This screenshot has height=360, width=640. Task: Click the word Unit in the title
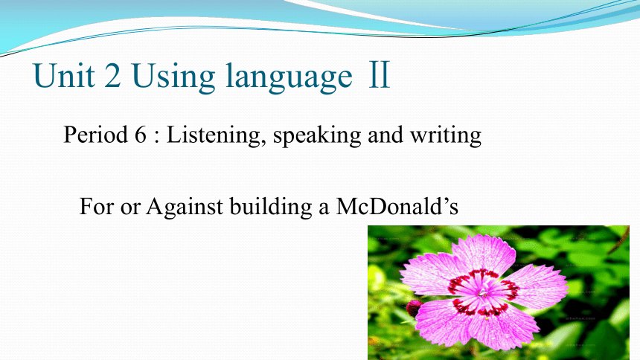tap(64, 76)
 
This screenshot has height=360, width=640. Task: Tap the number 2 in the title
tap(112, 76)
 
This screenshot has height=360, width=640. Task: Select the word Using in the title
tap(173, 78)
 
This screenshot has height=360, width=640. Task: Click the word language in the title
tap(289, 78)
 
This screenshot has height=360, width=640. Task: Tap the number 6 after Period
tap(140, 135)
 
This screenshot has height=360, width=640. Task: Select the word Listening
tap(214, 135)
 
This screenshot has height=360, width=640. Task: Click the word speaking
tap(317, 136)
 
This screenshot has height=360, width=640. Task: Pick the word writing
tap(446, 136)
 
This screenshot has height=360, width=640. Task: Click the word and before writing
tap(385, 135)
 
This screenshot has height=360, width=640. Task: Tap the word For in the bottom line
tap(97, 206)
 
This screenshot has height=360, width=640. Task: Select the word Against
tap(185, 208)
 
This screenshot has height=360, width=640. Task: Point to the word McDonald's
tap(397, 206)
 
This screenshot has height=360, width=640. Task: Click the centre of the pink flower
tap(483, 292)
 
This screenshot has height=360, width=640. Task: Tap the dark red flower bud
tap(414, 308)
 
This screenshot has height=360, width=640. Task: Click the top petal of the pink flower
tap(484, 254)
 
